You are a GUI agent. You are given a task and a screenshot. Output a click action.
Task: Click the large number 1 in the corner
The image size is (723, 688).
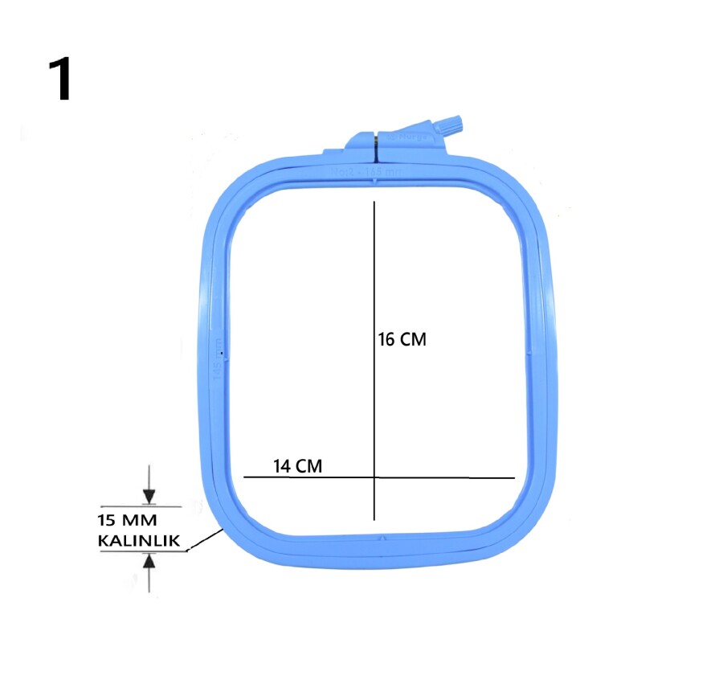click(x=59, y=80)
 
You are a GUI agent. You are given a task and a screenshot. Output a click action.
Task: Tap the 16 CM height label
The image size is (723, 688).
click(x=402, y=340)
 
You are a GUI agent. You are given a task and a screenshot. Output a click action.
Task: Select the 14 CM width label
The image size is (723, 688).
click(x=298, y=465)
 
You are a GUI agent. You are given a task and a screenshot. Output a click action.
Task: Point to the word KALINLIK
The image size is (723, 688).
click(x=139, y=540)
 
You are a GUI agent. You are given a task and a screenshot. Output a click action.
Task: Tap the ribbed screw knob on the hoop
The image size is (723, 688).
click(x=452, y=126)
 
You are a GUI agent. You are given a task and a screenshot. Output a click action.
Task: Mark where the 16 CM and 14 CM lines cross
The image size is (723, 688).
click(x=374, y=477)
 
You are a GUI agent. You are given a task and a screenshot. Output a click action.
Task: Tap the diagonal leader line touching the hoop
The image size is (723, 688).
click(x=206, y=540)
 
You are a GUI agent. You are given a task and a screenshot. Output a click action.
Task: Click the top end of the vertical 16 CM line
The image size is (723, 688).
click(x=374, y=202)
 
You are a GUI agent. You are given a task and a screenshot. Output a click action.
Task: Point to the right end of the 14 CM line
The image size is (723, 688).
click(x=513, y=477)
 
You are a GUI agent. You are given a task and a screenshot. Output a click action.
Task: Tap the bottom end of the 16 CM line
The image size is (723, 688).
click(x=374, y=520)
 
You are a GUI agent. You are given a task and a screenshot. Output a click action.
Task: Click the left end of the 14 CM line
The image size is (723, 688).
click(x=244, y=477)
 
